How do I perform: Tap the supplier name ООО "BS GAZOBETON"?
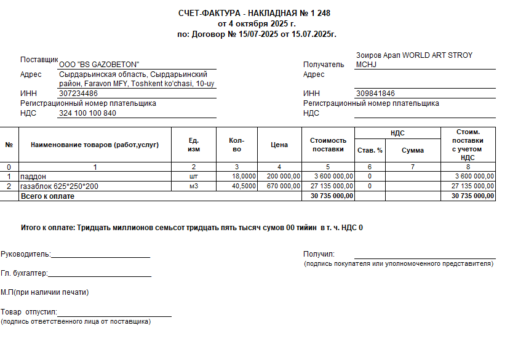tap(99, 65)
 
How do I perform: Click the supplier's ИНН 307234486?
tap(78, 94)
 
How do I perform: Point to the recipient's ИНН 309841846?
tap(375, 94)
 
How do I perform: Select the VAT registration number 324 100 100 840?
tap(87, 113)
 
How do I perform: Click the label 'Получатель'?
tap(324, 65)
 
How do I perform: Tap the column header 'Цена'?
tap(279, 145)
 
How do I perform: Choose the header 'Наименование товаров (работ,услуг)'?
tap(95, 145)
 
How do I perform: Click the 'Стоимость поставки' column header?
tap(328, 145)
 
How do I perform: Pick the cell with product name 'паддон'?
tap(33, 177)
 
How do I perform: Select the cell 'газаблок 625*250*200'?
tap(59, 186)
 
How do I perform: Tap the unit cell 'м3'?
tap(194, 186)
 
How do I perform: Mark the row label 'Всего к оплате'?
tap(47, 196)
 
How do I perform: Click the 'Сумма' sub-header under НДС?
tap(413, 150)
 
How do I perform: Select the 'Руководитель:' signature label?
tap(26, 254)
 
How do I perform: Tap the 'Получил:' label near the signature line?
tap(319, 254)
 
